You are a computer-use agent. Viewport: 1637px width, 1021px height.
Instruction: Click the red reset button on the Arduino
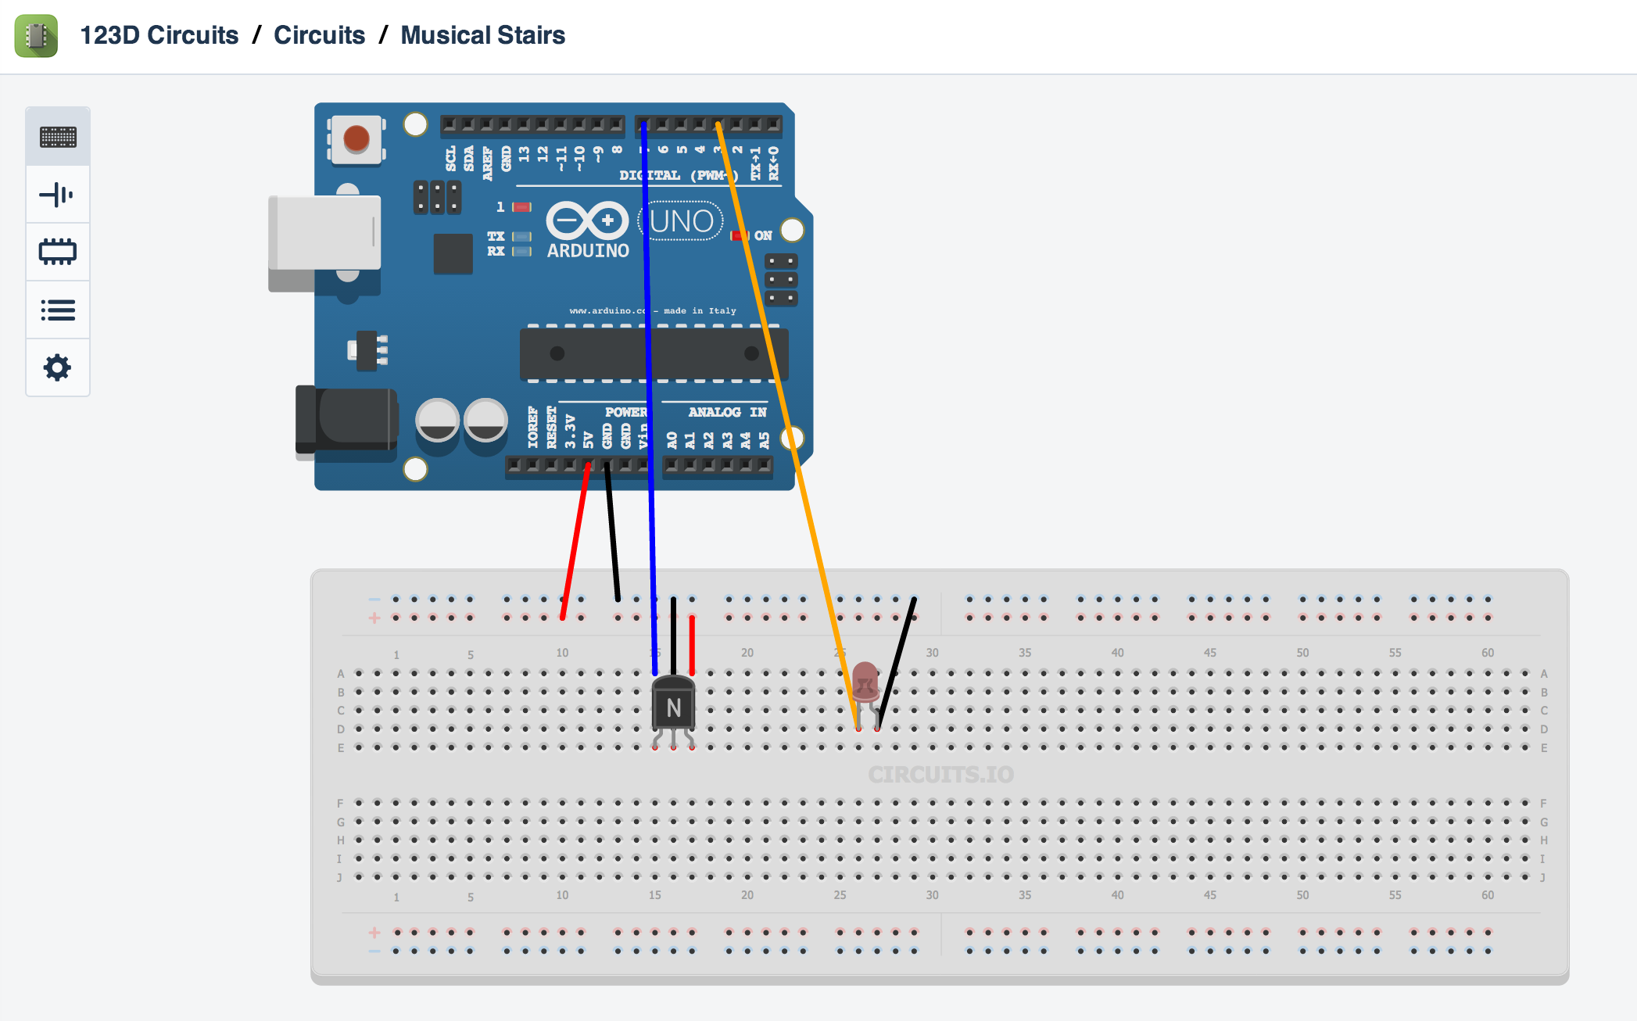[x=356, y=139]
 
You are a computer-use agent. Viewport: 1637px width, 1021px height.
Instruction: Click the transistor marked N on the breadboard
[x=673, y=706]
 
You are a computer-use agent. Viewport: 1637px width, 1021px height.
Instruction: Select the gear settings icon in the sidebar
[x=57, y=367]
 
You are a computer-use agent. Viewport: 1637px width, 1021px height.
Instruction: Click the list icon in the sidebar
[x=57, y=310]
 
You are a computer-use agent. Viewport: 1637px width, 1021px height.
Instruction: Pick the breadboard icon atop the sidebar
[x=57, y=137]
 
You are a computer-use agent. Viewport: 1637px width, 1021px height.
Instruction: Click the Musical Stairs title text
[x=482, y=35]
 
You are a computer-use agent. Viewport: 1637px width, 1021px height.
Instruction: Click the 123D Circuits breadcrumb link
[x=159, y=35]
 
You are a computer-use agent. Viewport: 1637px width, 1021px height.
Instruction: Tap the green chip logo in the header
[x=36, y=35]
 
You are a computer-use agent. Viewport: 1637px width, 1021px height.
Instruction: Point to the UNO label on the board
[x=681, y=221]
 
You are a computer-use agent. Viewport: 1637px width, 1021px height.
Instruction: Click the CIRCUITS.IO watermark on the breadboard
[x=940, y=775]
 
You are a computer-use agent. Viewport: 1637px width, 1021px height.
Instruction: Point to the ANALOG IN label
[x=726, y=412]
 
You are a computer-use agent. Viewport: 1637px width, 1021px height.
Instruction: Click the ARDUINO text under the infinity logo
[x=588, y=251]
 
